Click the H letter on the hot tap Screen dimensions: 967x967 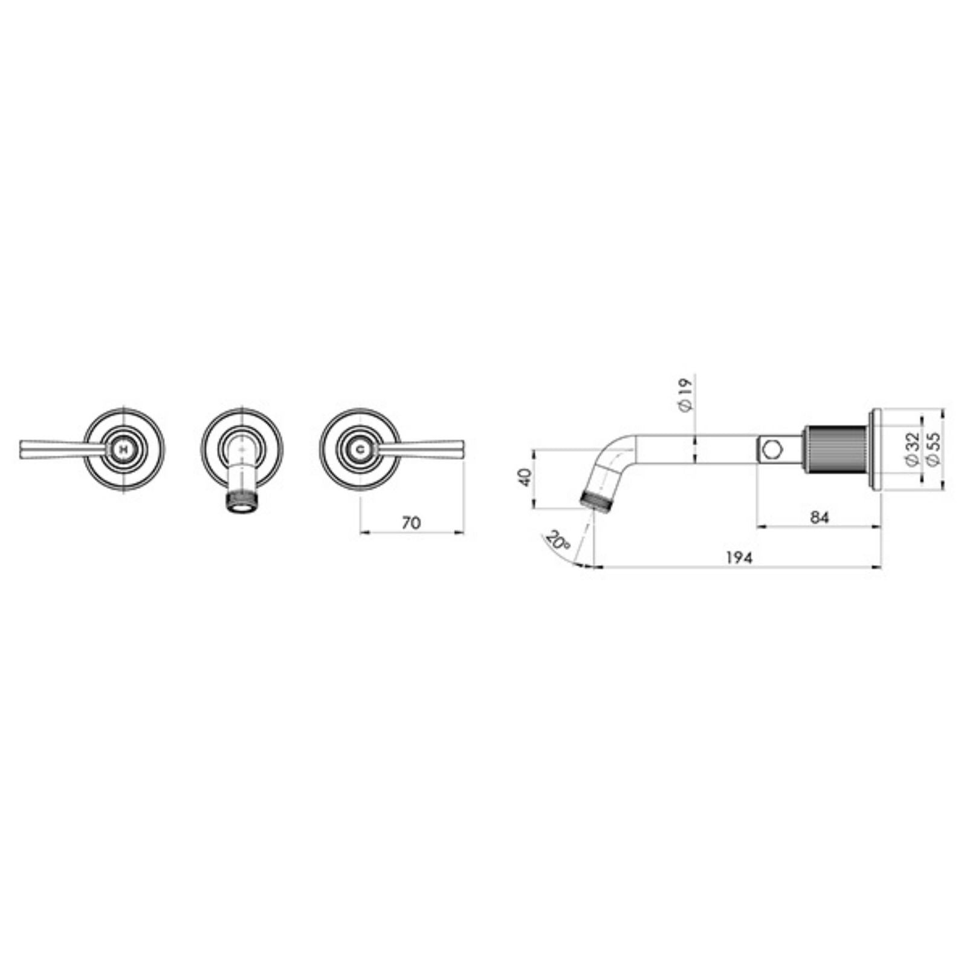(x=124, y=450)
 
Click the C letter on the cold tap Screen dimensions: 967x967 (x=361, y=450)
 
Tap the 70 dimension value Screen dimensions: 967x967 (x=411, y=523)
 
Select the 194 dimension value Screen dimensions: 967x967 (x=739, y=558)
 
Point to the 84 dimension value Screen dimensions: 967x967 (x=820, y=517)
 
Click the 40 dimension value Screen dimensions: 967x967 (x=525, y=477)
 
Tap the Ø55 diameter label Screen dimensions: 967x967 (x=935, y=450)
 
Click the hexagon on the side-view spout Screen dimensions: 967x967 (x=771, y=450)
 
